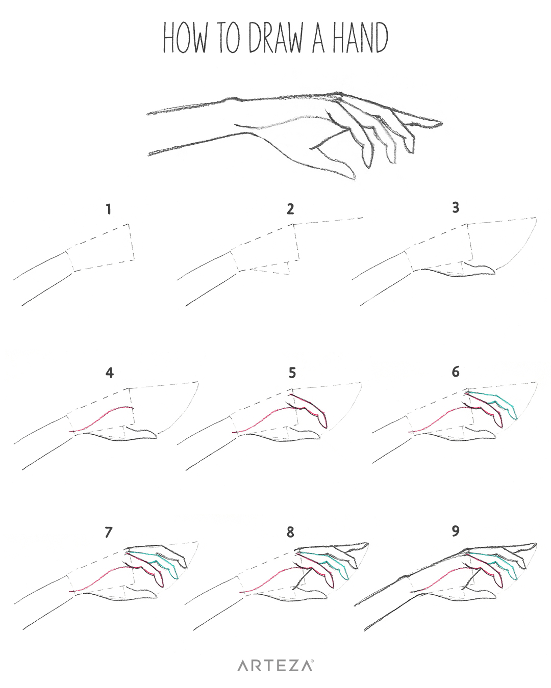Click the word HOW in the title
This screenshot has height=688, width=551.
pos(185,38)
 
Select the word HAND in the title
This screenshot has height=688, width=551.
pos(360,38)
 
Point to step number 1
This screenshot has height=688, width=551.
pos(109,209)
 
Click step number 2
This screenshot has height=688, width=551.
pos(290,209)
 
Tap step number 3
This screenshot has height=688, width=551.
pos(456,207)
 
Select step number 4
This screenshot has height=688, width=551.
pos(110,373)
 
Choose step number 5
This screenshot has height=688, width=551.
pos(292,373)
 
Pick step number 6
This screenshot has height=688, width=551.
pos(456,372)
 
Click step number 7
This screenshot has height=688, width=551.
pos(109,532)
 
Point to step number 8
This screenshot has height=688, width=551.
pos(290,532)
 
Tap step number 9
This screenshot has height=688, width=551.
pos(456,531)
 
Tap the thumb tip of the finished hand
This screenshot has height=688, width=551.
pos(354,178)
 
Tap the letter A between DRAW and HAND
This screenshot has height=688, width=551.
pos(318,38)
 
